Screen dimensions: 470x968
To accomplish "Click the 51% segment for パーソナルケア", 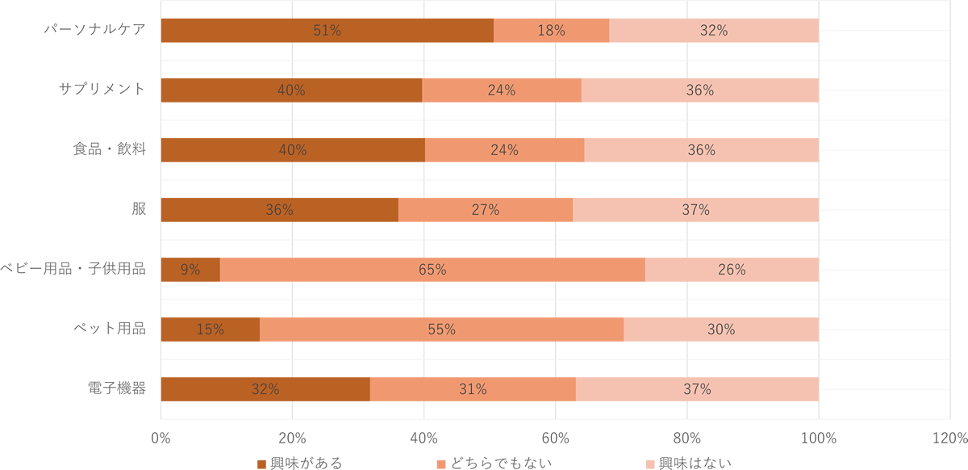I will click(327, 31).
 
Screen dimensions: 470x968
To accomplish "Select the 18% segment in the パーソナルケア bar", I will click(551, 31).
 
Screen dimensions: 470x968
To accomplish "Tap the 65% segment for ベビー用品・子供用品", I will click(432, 270).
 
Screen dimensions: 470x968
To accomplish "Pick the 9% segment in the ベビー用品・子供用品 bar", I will click(190, 270).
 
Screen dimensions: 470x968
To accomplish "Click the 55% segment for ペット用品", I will click(441, 329).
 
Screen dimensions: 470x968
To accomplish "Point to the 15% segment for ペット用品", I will click(211, 329).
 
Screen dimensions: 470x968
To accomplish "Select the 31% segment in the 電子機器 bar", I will click(473, 389).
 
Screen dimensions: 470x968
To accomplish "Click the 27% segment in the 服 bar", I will click(485, 210).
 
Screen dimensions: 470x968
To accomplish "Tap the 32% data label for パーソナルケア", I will click(714, 31).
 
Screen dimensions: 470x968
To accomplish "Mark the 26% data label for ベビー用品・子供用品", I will click(732, 270).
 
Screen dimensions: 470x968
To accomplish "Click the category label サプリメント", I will click(102, 89).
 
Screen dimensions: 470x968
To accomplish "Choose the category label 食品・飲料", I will click(109, 149).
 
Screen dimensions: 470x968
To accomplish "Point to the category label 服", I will click(139, 209).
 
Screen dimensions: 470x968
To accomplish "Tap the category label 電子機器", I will click(116, 388).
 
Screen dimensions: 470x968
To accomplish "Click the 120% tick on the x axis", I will click(949, 439).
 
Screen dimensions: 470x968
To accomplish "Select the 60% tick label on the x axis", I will click(555, 439).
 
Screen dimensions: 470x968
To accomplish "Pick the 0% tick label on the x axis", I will click(161, 439).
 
